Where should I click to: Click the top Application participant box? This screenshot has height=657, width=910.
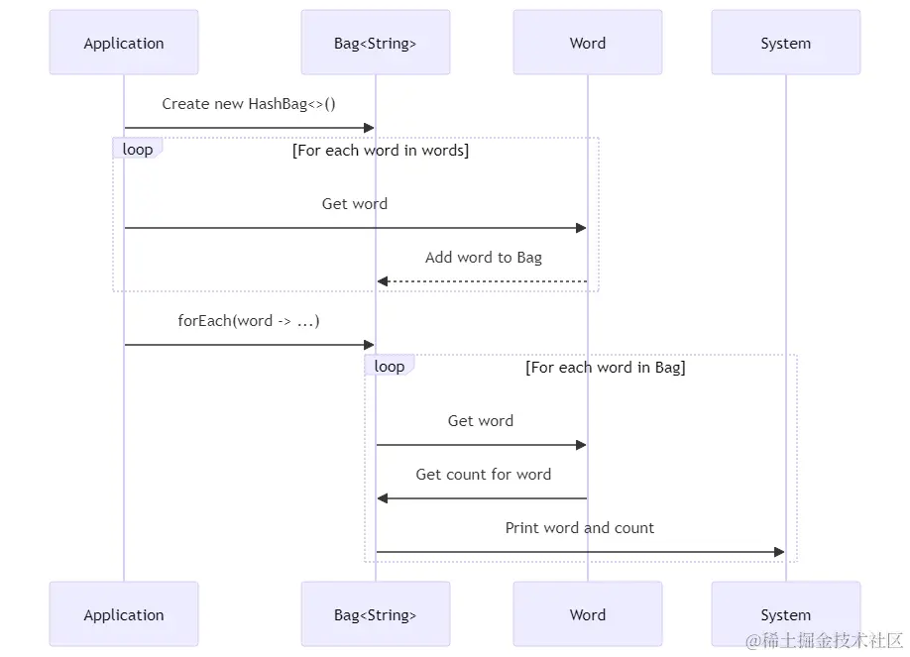pyautogui.click(x=124, y=43)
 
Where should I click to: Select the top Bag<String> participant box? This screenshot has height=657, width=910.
pyautogui.click(x=376, y=43)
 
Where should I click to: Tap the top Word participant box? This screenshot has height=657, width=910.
pyautogui.click(x=587, y=43)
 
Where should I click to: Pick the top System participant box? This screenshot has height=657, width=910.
pyautogui.click(x=786, y=43)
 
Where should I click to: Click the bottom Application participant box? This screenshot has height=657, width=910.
pyautogui.click(x=124, y=614)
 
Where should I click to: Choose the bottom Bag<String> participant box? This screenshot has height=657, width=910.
pyautogui.click(x=376, y=614)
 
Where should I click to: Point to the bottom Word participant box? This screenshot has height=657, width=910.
pyautogui.click(x=587, y=614)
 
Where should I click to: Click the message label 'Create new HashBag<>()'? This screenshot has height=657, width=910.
pyautogui.click(x=249, y=104)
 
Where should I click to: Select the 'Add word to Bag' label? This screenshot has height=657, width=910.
pyautogui.click(x=484, y=257)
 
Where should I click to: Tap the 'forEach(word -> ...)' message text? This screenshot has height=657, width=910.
pyautogui.click(x=249, y=321)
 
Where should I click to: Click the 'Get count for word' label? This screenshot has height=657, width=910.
pyautogui.click(x=484, y=475)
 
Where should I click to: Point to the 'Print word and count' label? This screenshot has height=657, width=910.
pyautogui.click(x=579, y=527)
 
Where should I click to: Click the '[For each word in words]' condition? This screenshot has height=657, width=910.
pyautogui.click(x=380, y=151)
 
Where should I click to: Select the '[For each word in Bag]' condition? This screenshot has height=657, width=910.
pyautogui.click(x=606, y=368)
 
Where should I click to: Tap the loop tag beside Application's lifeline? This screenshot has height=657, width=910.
pyautogui.click(x=138, y=149)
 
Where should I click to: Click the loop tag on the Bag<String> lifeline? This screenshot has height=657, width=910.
pyautogui.click(x=389, y=366)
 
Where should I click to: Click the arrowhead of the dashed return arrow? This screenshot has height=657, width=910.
pyautogui.click(x=383, y=281)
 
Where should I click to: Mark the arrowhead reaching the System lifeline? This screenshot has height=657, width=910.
pyautogui.click(x=779, y=552)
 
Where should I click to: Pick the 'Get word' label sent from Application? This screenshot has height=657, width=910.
pyautogui.click(x=355, y=204)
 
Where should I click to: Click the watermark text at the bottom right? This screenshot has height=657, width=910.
pyautogui.click(x=824, y=641)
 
